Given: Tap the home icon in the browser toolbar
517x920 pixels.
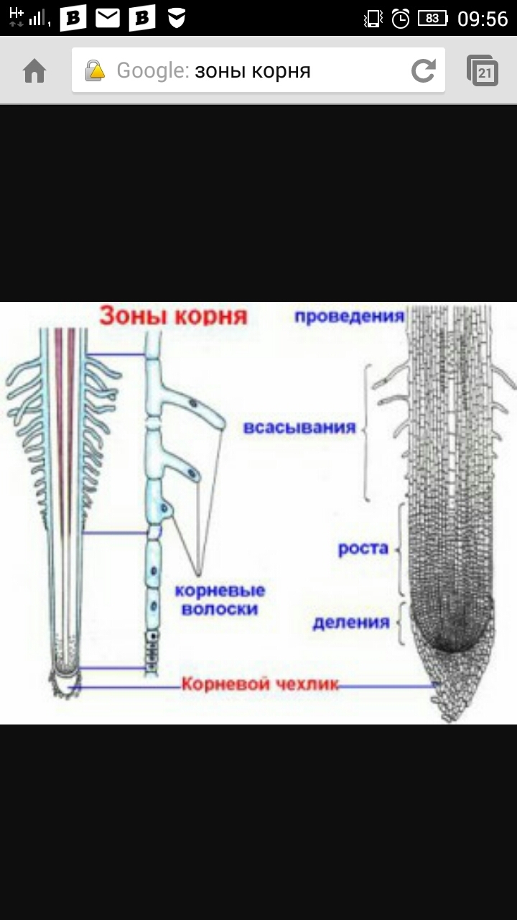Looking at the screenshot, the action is click(x=35, y=71).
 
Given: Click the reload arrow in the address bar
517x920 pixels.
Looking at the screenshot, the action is click(x=424, y=70).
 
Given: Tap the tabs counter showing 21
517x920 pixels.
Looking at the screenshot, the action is click(x=483, y=70).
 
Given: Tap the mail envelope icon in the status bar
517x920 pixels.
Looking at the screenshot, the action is click(x=108, y=19).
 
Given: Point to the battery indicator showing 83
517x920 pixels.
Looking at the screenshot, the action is click(x=433, y=19).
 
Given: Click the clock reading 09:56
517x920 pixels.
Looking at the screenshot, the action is click(x=483, y=19).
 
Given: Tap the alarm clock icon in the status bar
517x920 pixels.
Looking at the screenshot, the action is click(x=401, y=19).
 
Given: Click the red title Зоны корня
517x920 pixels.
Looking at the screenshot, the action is click(x=174, y=316).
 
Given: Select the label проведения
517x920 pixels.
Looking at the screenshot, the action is click(x=350, y=317).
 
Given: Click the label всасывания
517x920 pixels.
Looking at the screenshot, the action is click(x=299, y=428).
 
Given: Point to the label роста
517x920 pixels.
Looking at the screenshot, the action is click(x=363, y=549).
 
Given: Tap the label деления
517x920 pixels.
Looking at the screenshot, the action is click(x=351, y=622).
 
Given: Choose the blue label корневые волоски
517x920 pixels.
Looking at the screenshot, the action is click(x=220, y=599).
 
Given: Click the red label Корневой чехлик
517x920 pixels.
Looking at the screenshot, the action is click(x=260, y=684).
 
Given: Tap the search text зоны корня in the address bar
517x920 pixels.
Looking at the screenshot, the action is click(x=253, y=71).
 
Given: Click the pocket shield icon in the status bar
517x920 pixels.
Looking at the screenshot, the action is click(x=177, y=19).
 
